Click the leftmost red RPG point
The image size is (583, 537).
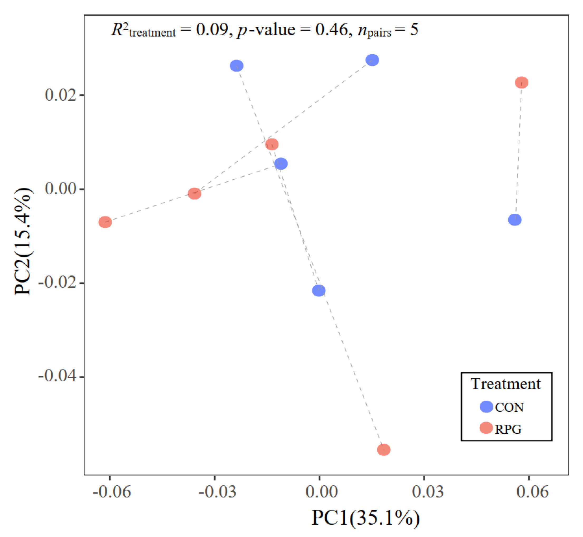click(x=105, y=222)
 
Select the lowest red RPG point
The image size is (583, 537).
click(x=384, y=450)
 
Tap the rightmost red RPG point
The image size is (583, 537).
click(x=522, y=83)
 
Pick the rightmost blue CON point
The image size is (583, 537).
click(x=515, y=220)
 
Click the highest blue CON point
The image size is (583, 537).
click(x=372, y=60)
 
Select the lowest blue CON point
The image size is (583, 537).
click(x=319, y=291)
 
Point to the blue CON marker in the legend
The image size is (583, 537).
click(x=486, y=407)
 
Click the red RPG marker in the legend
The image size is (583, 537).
click(x=486, y=428)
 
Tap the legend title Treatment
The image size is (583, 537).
click(x=506, y=384)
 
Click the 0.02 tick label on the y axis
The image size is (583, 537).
click(x=60, y=95)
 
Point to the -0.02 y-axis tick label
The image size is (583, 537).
click(x=57, y=282)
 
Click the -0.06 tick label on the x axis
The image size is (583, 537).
click(x=112, y=492)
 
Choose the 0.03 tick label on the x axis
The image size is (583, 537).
click(x=428, y=492)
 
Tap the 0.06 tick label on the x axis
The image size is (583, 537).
click(x=532, y=492)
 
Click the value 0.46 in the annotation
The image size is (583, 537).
click(x=332, y=30)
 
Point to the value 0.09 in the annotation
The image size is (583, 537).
click(x=212, y=30)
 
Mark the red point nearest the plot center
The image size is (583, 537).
click(x=272, y=144)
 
